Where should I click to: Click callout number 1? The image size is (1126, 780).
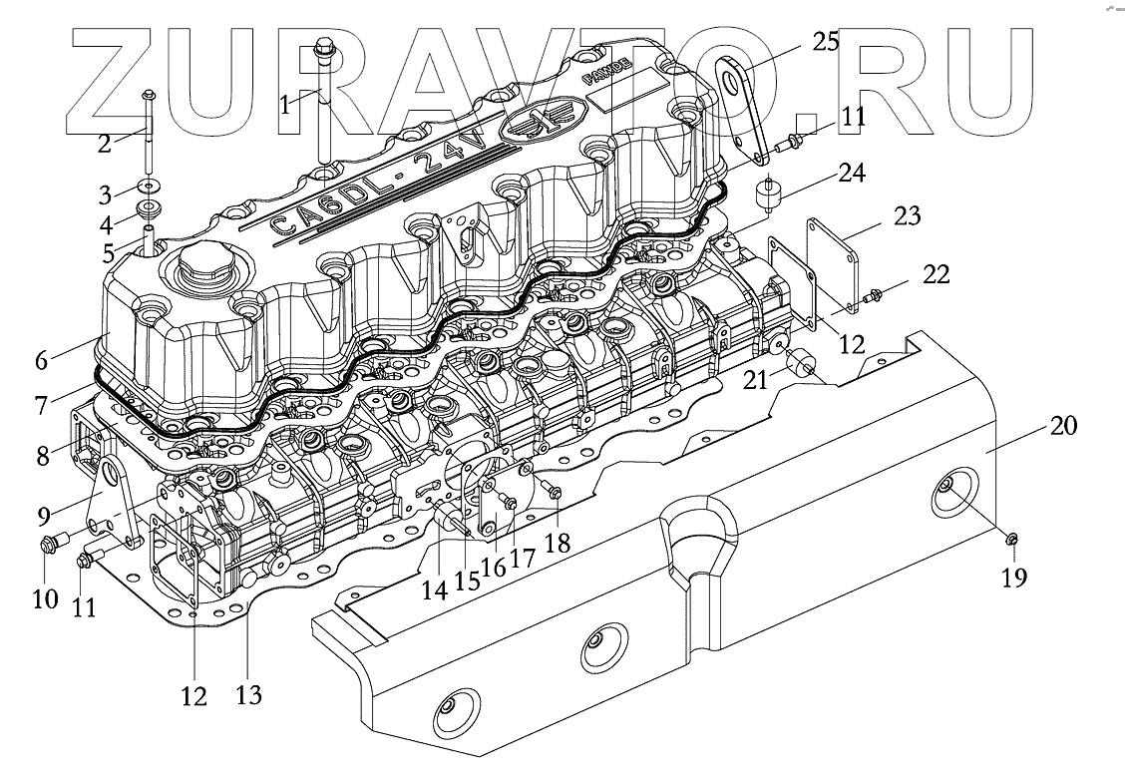(286, 103)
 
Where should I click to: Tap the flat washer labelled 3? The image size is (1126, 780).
(148, 187)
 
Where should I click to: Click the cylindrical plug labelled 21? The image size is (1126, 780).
(803, 366)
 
